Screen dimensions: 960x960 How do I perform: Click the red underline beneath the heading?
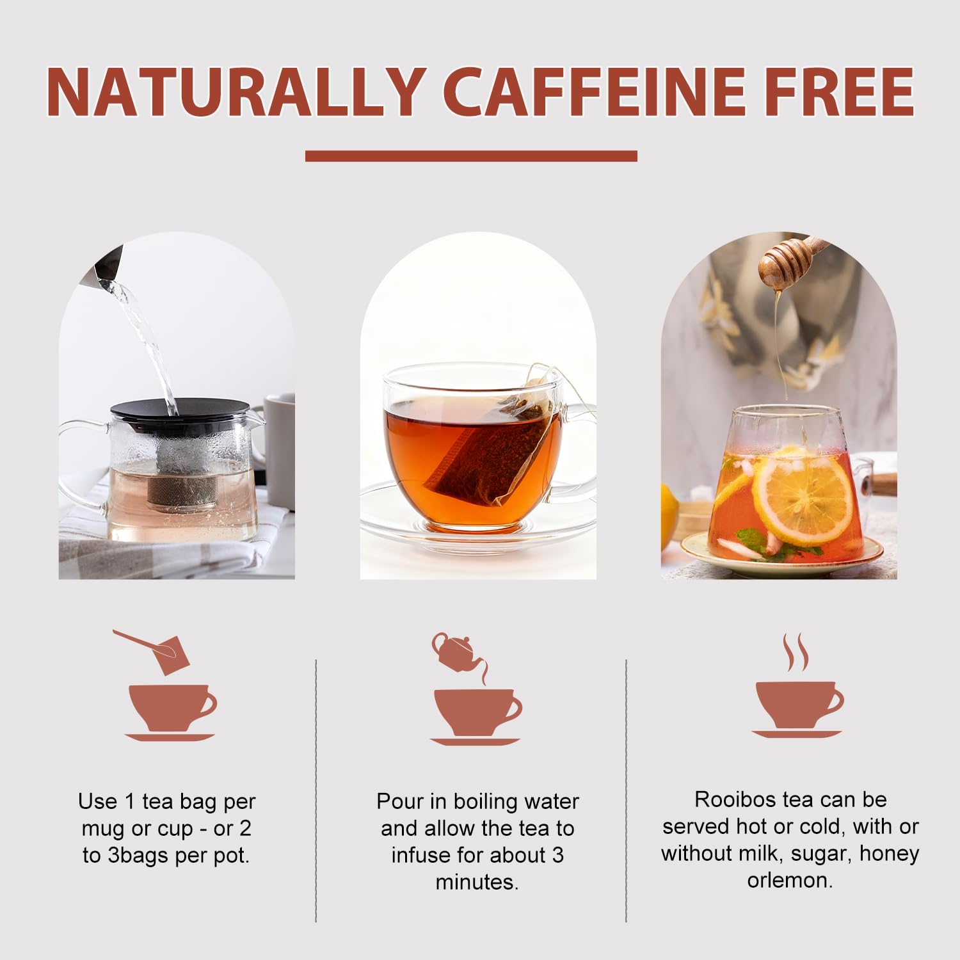click(471, 156)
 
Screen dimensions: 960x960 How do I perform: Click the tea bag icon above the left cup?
click(169, 653)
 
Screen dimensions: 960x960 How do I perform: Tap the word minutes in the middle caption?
click(477, 882)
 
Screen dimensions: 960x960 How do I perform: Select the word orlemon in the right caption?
click(790, 880)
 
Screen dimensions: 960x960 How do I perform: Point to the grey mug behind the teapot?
click(280, 448)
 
